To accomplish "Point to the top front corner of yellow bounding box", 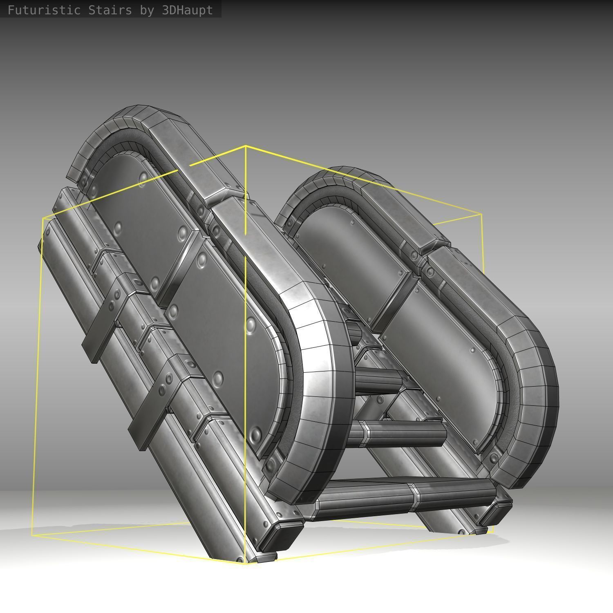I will click(245, 146).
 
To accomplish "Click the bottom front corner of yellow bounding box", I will click(245, 564).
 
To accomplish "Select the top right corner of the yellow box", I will click(481, 214).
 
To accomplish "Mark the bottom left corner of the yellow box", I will click(32, 535).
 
